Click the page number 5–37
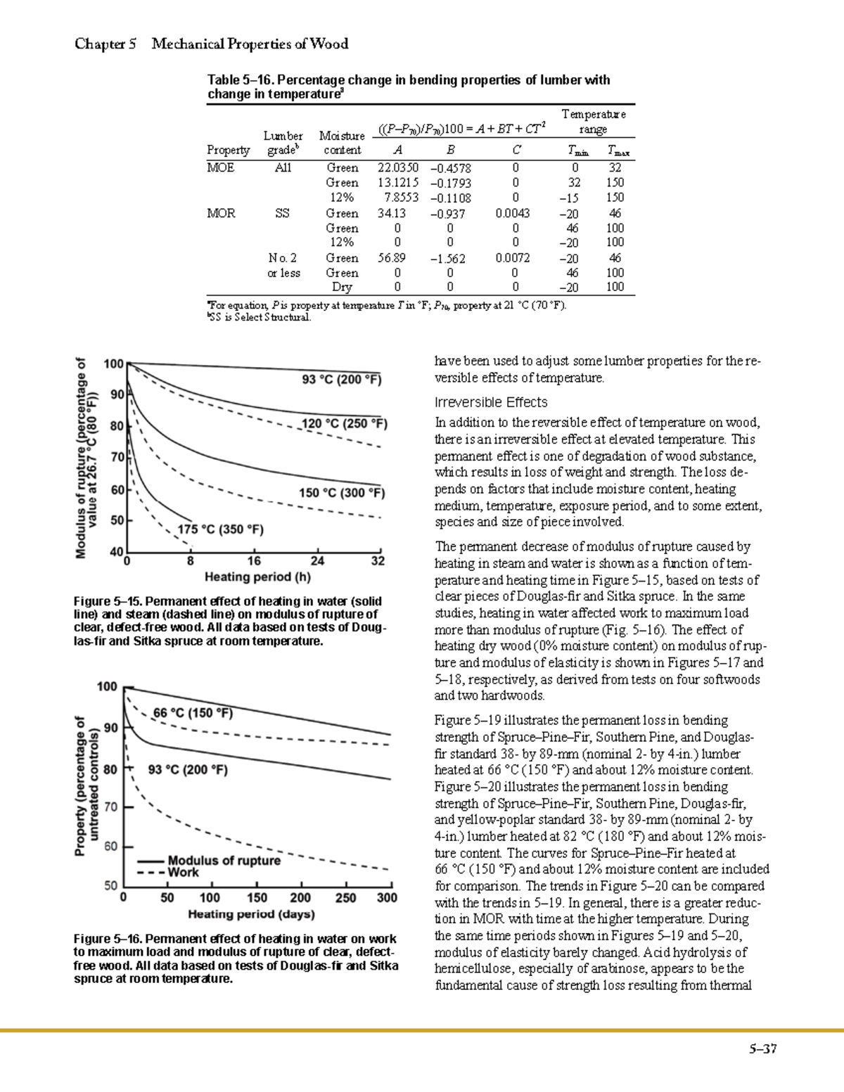pyautogui.click(x=762, y=1049)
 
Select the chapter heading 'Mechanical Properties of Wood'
pyautogui.click(x=250, y=44)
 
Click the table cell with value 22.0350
pyautogui.click(x=397, y=168)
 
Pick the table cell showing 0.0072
pyautogui.click(x=513, y=258)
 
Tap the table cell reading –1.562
pyautogui.click(x=447, y=259)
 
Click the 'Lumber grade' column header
pyautogui.click(x=283, y=143)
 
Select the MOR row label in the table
pyautogui.click(x=221, y=213)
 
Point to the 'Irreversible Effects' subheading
pyautogui.click(x=491, y=402)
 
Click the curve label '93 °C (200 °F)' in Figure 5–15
pyautogui.click(x=342, y=380)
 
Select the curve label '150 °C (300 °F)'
pyautogui.click(x=342, y=493)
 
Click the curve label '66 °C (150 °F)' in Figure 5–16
pyautogui.click(x=193, y=712)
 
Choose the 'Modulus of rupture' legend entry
pyautogui.click(x=224, y=861)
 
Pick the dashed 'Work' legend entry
pyautogui.click(x=184, y=873)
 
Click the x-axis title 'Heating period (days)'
pyautogui.click(x=251, y=914)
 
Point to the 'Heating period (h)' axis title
pyautogui.click(x=257, y=577)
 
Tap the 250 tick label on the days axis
pyautogui.click(x=345, y=898)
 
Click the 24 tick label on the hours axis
pyautogui.click(x=318, y=561)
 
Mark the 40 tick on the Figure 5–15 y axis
pyautogui.click(x=115, y=552)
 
